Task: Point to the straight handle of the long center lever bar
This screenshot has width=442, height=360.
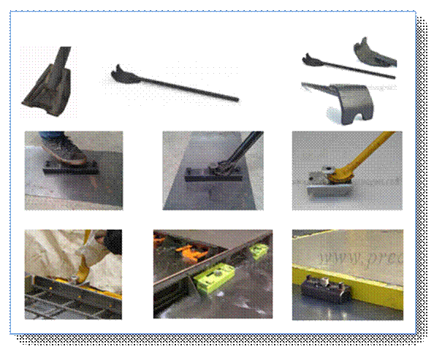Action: tap(190, 87)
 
